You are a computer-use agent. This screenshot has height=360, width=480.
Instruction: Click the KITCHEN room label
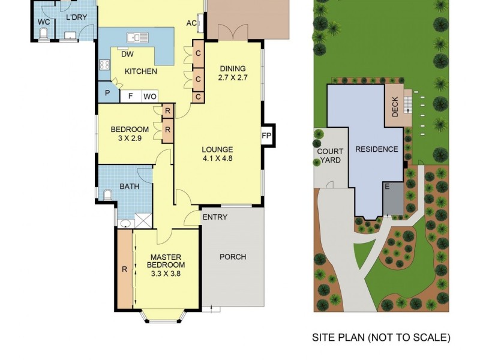141,71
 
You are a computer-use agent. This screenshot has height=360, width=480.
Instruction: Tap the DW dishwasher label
127,55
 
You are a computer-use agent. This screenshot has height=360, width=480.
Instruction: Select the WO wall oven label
149,96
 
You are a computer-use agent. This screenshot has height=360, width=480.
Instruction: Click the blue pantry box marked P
107,94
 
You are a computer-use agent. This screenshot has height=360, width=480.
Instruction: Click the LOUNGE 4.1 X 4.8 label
217,154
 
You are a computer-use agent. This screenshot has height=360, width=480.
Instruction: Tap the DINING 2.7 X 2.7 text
233,73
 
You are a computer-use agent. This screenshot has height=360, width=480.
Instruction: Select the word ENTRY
215,217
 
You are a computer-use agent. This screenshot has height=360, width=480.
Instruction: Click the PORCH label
233,257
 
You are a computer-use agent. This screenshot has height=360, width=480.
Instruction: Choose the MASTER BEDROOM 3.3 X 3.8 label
166,265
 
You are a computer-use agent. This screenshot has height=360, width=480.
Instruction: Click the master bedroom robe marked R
125,269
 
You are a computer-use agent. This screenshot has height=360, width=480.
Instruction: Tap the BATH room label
129,187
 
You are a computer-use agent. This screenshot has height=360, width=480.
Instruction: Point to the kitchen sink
137,38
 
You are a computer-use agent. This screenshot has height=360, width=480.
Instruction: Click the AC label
192,23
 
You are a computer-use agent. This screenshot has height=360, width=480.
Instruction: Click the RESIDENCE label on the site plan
376,149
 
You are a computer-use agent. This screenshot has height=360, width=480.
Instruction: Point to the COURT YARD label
329,156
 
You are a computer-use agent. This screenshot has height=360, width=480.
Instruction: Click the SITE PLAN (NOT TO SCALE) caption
381,338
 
